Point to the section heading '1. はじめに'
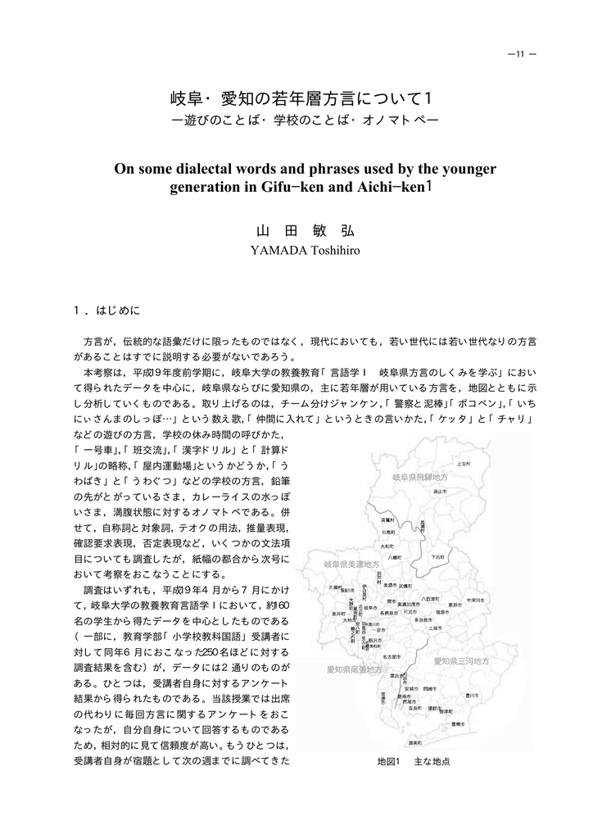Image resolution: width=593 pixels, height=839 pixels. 107,311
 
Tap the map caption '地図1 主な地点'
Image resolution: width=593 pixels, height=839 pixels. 414,761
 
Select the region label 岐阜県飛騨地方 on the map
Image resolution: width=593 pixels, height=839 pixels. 419,477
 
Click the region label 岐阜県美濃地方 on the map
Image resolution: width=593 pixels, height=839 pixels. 351,565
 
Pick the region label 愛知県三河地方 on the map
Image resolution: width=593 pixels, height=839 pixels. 461,660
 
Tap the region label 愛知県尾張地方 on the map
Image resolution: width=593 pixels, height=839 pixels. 354,670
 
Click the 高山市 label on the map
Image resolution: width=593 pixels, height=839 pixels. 439,492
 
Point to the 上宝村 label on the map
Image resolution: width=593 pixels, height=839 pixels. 464,464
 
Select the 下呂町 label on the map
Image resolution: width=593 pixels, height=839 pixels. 438,556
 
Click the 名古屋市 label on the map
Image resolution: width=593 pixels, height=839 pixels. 391,657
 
